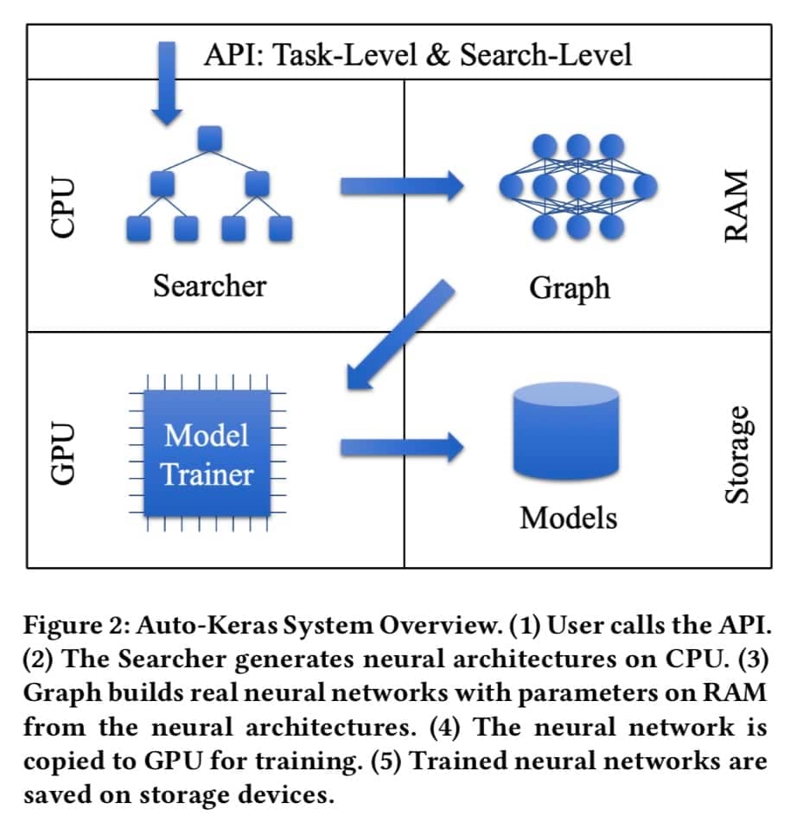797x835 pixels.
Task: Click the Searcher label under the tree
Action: (209, 284)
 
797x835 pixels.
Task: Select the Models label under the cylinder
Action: (568, 518)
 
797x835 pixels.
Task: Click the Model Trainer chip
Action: (208, 453)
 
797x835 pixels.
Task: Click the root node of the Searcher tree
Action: (210, 138)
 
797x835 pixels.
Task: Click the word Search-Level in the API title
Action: (545, 55)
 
